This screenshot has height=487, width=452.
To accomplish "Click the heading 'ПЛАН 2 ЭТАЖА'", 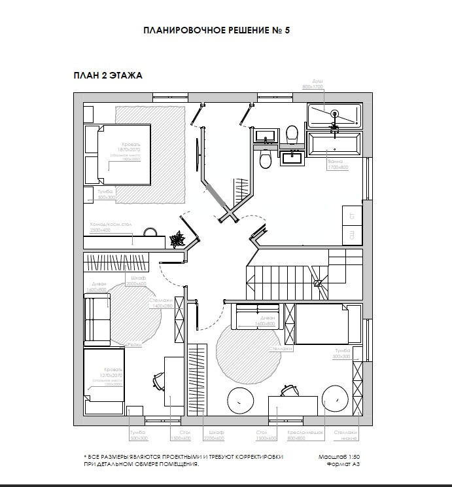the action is [108, 76].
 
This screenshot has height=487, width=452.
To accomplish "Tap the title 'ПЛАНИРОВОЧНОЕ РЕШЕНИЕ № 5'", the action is [217, 31].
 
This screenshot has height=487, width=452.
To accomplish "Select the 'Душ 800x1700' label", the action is [313, 83].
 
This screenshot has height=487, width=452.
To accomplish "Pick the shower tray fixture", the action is [334, 115].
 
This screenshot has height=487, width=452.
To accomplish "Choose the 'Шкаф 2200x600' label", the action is [215, 436].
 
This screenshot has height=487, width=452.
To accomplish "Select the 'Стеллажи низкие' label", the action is [346, 436].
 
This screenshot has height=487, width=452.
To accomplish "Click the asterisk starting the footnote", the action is [85, 456].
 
